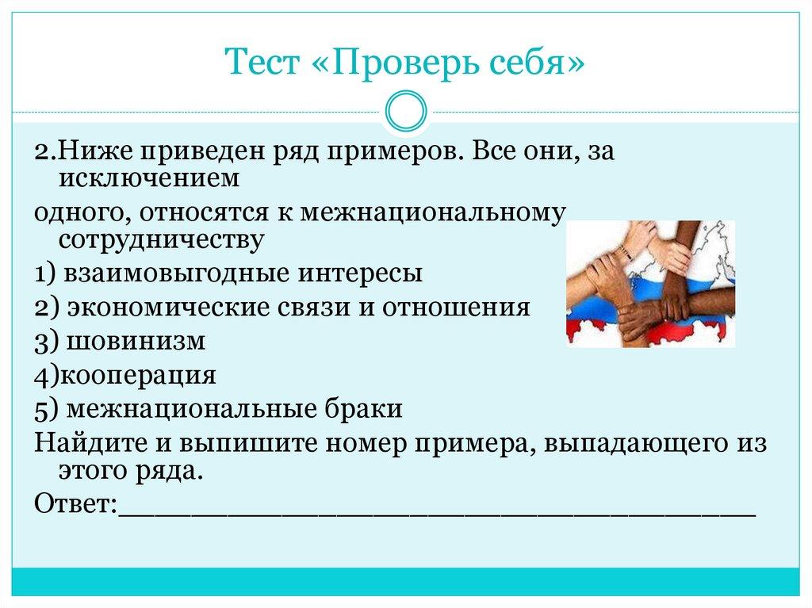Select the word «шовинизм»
pos(136,342)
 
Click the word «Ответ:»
pos(76,504)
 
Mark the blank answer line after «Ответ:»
pos(436,507)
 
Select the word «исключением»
pos(148,179)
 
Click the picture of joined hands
pos(650,284)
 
